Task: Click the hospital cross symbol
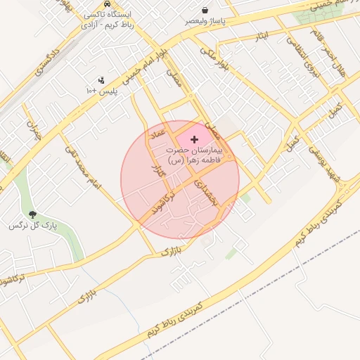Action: click(x=195, y=140)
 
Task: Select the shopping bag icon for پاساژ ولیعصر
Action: click(x=205, y=10)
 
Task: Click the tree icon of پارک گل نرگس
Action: click(x=32, y=214)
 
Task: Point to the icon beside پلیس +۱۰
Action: click(x=102, y=80)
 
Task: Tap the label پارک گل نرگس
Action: click(x=32, y=226)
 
